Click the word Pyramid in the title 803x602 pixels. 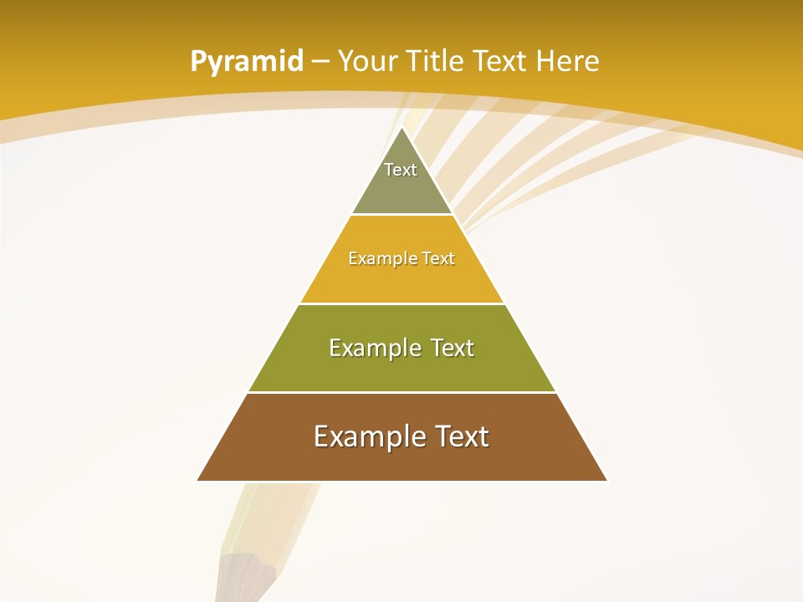[x=246, y=62]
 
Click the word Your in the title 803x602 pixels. [x=367, y=61]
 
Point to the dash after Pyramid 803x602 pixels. [x=320, y=62]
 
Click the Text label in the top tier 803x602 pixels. [x=401, y=170]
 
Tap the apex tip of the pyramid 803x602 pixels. [x=402, y=128]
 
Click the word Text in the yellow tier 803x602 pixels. [x=438, y=258]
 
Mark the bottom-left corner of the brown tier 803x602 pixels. [x=198, y=480]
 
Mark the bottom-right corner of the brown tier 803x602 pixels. [x=606, y=480]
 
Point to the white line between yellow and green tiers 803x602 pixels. [x=401, y=304]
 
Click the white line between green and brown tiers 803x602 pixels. [x=401, y=392]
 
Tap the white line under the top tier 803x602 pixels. [x=401, y=215]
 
